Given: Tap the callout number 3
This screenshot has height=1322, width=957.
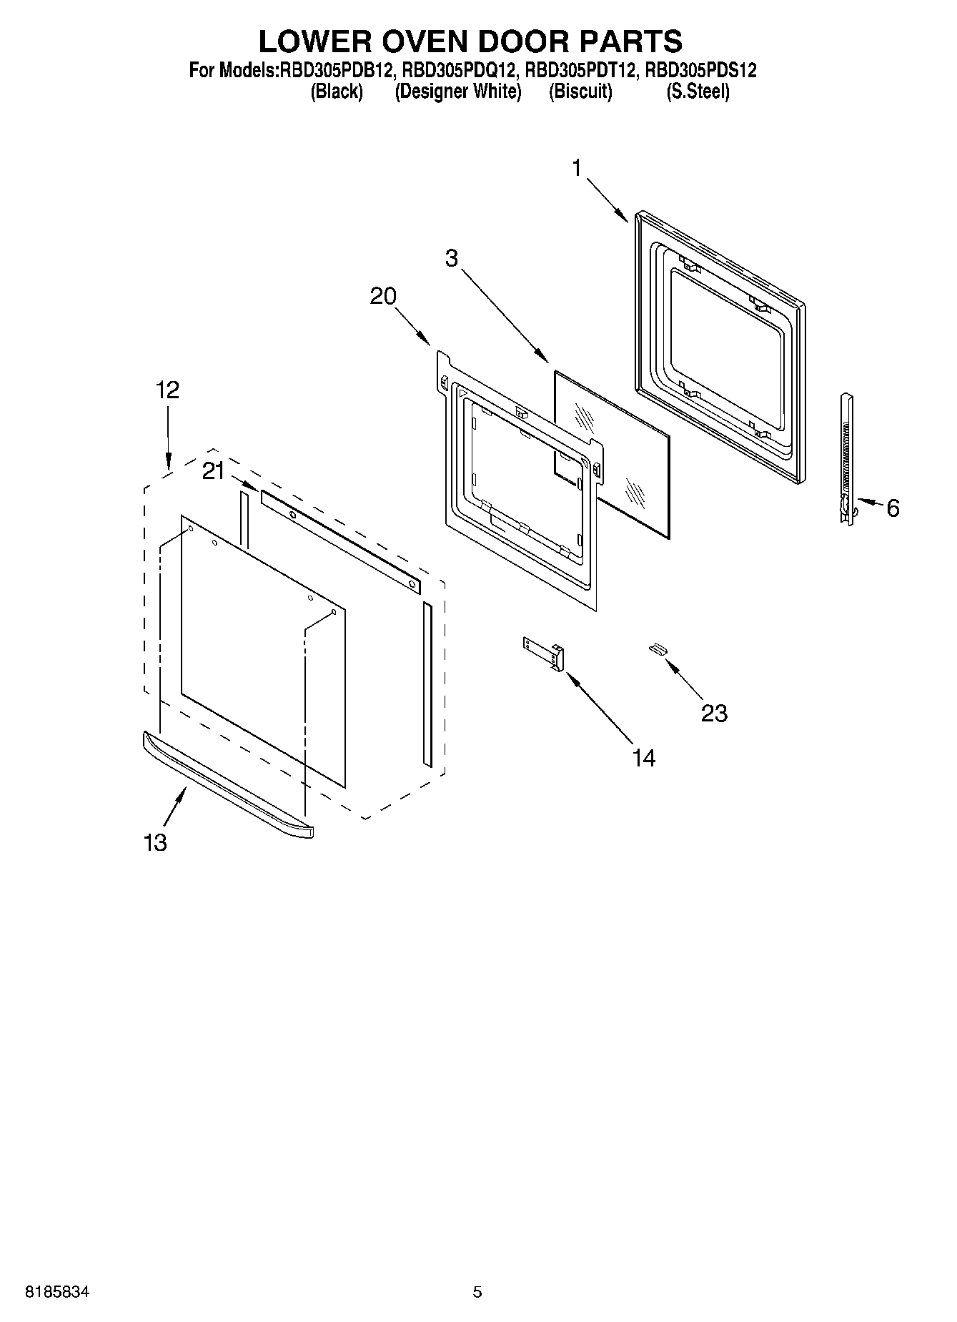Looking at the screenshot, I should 451,258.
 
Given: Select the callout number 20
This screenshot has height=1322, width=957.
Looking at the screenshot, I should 383,296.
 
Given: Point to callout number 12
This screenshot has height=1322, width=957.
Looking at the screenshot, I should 167,390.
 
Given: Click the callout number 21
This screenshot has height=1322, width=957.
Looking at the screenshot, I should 213,471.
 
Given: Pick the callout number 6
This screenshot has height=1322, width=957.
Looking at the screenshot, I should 893,508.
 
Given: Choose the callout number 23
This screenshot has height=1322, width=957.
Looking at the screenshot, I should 714,713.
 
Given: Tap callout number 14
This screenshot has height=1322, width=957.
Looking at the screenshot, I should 643,758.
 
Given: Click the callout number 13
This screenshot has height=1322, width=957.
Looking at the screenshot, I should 154,842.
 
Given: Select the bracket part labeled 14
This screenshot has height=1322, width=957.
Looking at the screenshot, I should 545,653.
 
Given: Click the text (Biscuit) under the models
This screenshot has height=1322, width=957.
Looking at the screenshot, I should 580,92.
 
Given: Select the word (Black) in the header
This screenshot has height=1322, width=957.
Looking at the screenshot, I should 337,92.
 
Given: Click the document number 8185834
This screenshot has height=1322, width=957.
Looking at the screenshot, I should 58,1292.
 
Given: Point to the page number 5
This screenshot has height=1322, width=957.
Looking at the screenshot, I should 477,1292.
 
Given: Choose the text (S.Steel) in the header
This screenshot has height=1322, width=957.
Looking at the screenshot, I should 698,92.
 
